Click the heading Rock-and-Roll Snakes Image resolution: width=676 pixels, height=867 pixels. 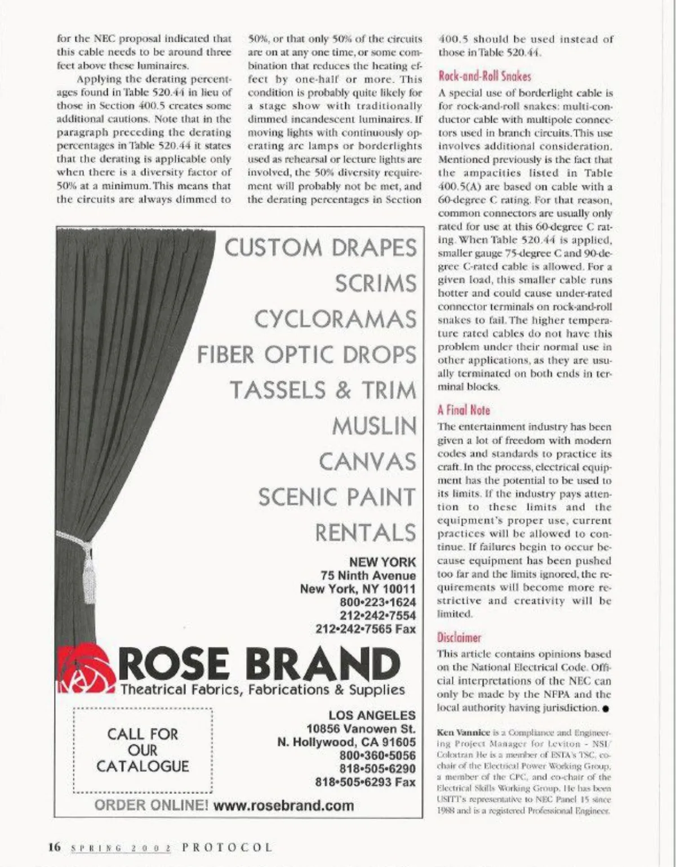484,77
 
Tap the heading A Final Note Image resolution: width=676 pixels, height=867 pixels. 464,410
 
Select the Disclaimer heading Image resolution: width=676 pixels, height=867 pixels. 459,638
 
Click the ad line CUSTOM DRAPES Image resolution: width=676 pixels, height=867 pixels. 321,248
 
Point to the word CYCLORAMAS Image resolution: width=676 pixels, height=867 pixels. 335,319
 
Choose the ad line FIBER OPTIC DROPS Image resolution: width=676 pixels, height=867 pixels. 306,355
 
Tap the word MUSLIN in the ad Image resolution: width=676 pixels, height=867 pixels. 374,426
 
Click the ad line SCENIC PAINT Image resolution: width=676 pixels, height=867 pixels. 337,497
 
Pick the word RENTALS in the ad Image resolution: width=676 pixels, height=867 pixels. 365,533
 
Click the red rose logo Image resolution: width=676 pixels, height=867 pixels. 86,669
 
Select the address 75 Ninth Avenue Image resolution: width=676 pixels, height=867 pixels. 368,575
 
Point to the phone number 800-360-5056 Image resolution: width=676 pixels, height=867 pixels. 377,756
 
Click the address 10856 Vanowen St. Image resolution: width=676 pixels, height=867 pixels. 361,729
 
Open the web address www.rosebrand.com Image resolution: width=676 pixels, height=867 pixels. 284,805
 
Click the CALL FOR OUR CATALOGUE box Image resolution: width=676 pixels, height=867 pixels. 143,750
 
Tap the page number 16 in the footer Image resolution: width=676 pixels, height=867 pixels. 54,847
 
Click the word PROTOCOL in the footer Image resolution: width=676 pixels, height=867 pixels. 228,847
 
